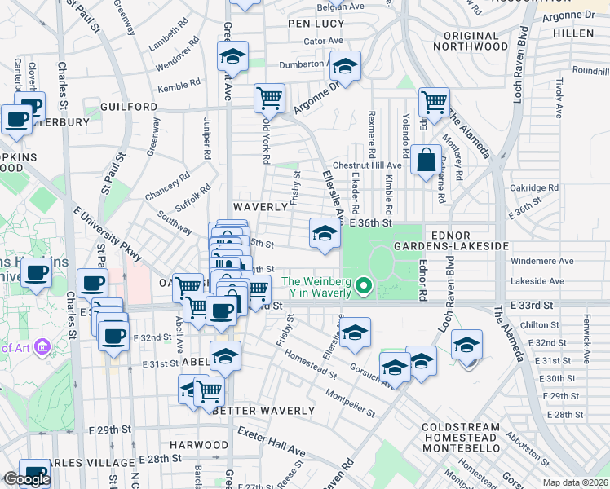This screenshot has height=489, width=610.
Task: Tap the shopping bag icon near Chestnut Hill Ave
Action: pyautogui.click(x=426, y=160)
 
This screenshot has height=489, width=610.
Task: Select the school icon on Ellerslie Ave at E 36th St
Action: pyautogui.click(x=324, y=235)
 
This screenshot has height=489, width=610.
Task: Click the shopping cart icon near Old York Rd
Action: pyautogui.click(x=269, y=99)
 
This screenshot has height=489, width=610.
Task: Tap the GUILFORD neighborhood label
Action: pyautogui.click(x=129, y=107)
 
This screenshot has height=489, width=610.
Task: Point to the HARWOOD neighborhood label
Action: pyautogui.click(x=199, y=445)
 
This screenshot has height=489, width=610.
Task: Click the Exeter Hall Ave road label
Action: pyautogui.click(x=271, y=443)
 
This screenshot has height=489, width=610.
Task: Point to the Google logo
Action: pyautogui.click(x=27, y=479)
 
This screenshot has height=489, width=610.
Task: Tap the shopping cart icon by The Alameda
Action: pyautogui.click(x=433, y=102)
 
